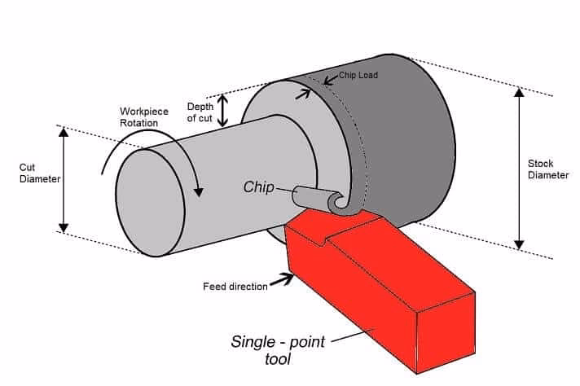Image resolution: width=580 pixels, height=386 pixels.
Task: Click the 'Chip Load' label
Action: click(358, 76)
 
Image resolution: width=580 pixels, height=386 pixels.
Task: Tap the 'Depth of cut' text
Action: click(200, 112)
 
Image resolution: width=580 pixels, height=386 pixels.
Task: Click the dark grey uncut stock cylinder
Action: click(407, 130)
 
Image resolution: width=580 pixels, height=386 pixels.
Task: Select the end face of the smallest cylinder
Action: click(151, 204)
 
